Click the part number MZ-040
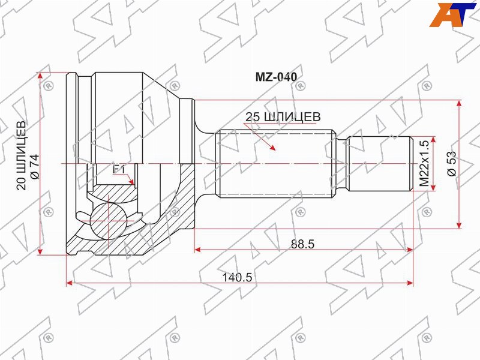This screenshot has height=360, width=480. coord(276,77)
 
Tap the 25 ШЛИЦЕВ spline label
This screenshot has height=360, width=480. coord(283,116)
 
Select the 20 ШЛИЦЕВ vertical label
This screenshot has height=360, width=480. coord(21,155)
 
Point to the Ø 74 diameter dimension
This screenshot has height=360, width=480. coord(34,167)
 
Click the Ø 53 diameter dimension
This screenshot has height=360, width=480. coord(452,164)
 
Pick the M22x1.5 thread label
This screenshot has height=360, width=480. coord(425,164)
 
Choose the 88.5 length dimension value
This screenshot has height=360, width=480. coord(303,244)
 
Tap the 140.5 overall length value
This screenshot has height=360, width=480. coord(237,277)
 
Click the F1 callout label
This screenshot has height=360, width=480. coord(119,169)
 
